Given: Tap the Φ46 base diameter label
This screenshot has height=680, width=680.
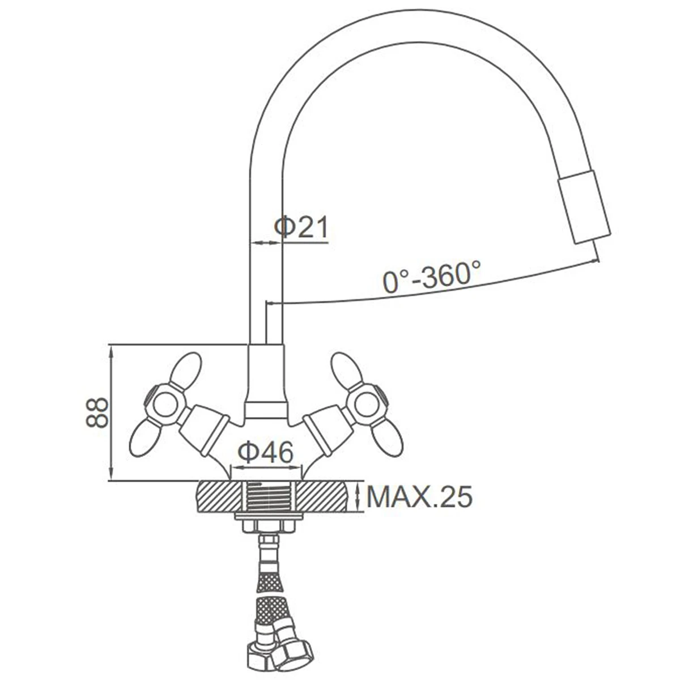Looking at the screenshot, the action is click(x=265, y=452).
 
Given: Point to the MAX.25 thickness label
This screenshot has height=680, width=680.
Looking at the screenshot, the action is click(x=419, y=496).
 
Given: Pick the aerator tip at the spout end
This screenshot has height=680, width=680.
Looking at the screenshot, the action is click(x=584, y=206).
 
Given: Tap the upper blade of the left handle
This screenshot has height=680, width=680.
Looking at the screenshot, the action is click(x=186, y=371).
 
